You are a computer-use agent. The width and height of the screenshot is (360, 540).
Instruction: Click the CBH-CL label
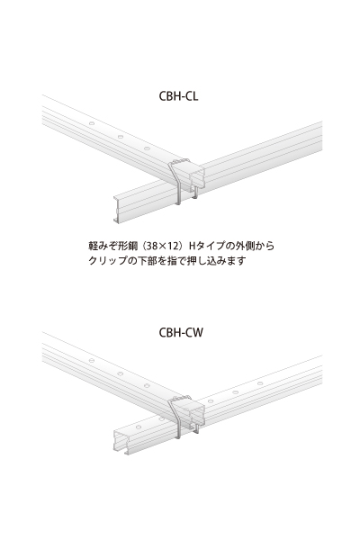click(178, 95)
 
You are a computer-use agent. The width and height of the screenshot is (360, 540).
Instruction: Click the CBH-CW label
click(181, 332)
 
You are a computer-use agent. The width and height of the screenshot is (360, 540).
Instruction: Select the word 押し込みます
click(216, 260)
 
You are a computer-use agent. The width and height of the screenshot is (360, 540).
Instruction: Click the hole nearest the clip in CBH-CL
click(147, 148)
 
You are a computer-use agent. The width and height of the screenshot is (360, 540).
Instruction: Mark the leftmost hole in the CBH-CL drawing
click(92, 123)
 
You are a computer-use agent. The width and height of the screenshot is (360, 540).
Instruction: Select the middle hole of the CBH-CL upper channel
click(121, 137)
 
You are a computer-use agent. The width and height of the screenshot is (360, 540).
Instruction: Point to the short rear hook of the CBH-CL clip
click(195, 193)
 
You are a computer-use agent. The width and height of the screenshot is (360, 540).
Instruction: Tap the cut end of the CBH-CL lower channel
click(117, 209)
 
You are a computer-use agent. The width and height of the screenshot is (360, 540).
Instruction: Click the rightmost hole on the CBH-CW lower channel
click(260, 383)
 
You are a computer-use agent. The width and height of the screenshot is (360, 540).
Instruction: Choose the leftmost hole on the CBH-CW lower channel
click(138, 427)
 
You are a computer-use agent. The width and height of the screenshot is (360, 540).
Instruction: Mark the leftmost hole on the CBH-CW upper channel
click(92, 360)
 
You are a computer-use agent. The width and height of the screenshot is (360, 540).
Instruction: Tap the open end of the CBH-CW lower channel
click(120, 443)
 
